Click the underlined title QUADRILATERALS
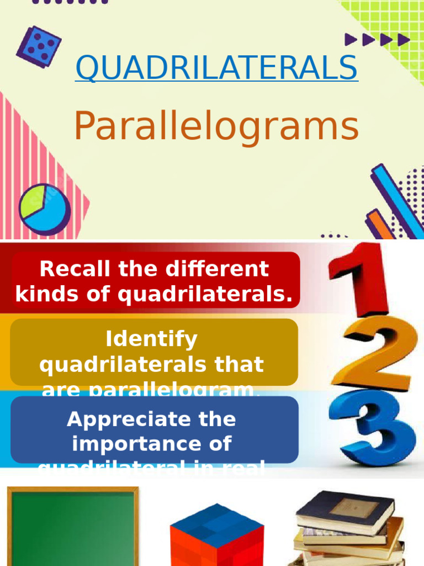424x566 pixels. pyautogui.click(x=216, y=67)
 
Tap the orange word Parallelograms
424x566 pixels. pyautogui.click(x=216, y=127)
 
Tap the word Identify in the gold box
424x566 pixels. pyautogui.click(x=151, y=339)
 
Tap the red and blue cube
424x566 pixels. pyautogui.click(x=216, y=536)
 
